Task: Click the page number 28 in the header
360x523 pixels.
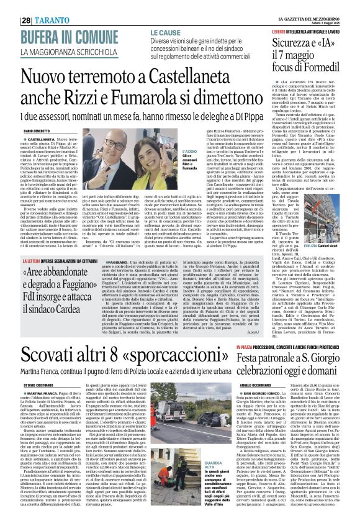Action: click(27, 7)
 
